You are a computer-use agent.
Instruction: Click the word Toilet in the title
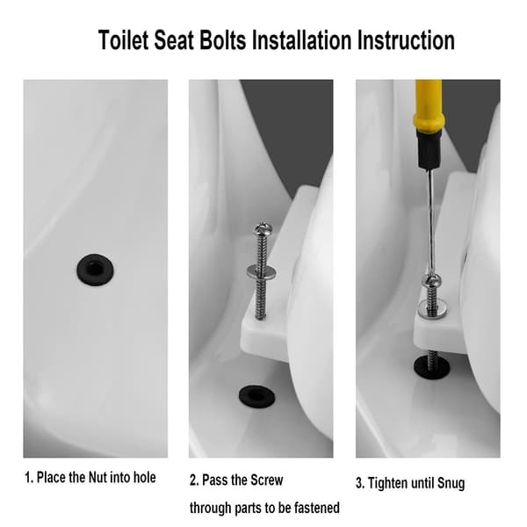(123, 40)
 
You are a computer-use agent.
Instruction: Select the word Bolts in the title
(223, 40)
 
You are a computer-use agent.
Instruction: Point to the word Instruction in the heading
(406, 40)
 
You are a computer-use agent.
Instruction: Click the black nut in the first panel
(96, 270)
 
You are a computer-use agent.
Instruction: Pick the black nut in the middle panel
(256, 397)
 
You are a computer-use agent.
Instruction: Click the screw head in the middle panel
(263, 228)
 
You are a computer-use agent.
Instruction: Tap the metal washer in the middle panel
(261, 271)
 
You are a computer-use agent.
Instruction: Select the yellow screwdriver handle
(429, 105)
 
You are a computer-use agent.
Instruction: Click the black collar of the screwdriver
(429, 149)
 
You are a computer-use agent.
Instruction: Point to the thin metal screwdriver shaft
(431, 222)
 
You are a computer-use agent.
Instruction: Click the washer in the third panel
(432, 310)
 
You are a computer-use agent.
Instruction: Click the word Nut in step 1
(97, 477)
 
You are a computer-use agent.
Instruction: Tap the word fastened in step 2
(317, 508)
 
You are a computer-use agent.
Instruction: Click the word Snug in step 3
(451, 483)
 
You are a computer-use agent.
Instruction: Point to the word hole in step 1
(145, 477)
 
